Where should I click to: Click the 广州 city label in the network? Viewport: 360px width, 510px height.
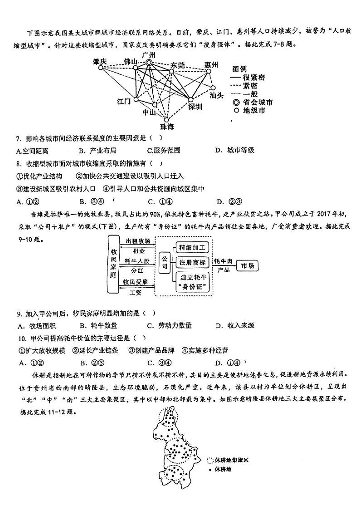[x=149, y=55]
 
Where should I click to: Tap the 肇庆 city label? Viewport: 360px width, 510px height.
[x=100, y=61]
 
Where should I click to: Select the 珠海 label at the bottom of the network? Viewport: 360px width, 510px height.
[x=167, y=126]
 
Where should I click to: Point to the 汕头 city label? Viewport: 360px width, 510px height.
[x=217, y=95]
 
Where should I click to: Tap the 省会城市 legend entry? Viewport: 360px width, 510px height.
[x=257, y=103]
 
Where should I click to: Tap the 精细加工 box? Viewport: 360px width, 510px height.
[x=192, y=248]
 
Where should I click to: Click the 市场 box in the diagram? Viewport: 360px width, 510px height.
[x=248, y=265]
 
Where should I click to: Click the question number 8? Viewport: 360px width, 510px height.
[x=19, y=163]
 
